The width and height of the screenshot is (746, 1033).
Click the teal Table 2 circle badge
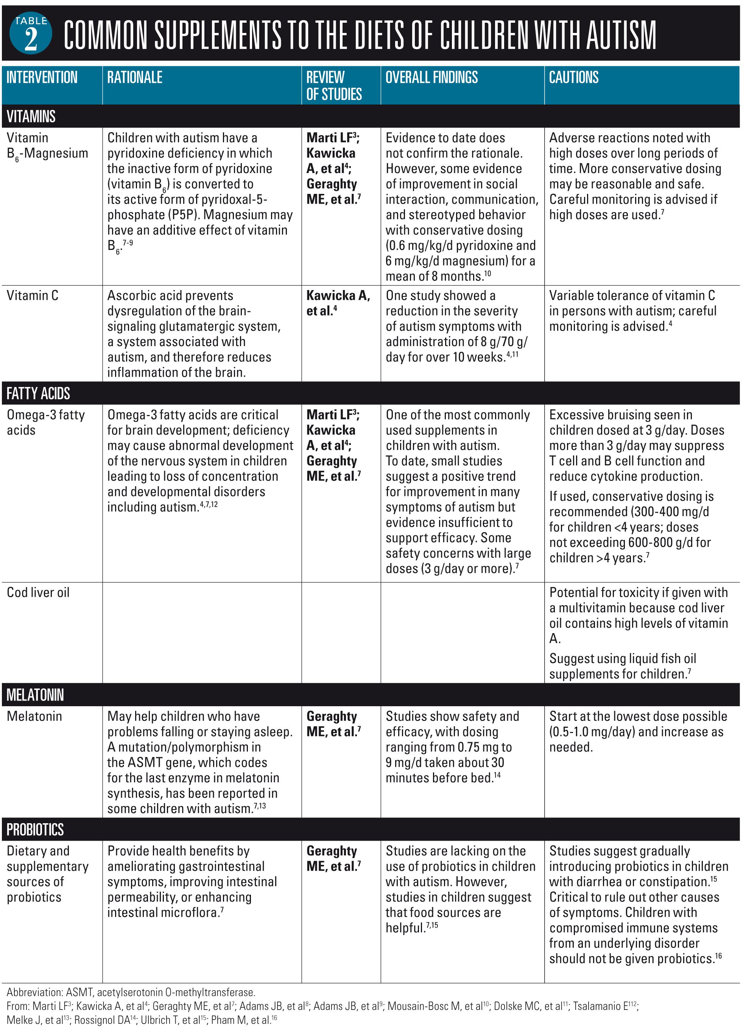31,33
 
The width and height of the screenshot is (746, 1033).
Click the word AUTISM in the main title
621,35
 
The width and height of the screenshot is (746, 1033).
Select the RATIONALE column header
135,77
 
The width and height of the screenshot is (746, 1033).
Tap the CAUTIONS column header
573,77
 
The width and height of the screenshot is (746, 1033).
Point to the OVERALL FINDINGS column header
431,77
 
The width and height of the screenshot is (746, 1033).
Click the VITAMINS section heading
31,117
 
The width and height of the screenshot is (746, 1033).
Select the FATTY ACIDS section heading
38,393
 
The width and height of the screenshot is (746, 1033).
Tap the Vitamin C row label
32,296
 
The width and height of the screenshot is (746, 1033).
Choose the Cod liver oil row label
38,593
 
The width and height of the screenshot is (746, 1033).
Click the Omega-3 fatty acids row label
45,422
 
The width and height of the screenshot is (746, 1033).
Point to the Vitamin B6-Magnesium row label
47,146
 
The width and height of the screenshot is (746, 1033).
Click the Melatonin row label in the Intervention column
34,716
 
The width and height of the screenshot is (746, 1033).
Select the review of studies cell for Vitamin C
338,303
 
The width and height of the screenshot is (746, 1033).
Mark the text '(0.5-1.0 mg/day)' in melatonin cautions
593,732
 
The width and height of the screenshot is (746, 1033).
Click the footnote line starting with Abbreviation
131,992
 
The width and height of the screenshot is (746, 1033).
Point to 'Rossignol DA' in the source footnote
103,1020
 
